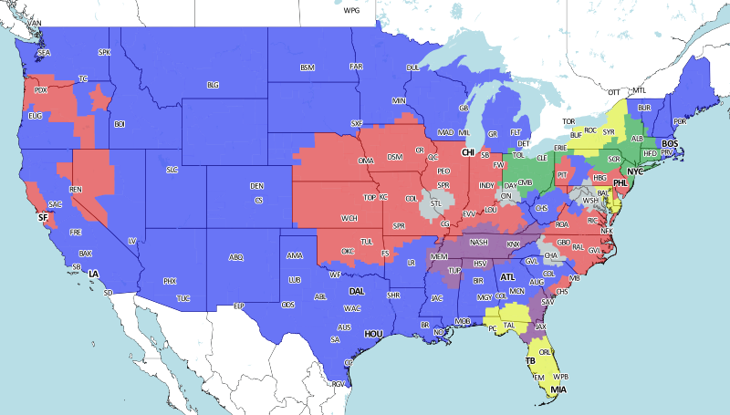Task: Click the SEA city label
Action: point(44,54)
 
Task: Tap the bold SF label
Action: point(42,218)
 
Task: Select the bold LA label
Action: point(93,274)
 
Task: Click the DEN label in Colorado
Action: point(257,186)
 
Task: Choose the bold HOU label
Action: point(372,335)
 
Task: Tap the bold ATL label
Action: point(507,276)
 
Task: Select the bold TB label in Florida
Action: point(530,361)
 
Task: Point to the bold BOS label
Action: point(670,143)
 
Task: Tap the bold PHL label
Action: point(620,183)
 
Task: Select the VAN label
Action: point(35,23)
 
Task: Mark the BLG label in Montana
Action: point(213,85)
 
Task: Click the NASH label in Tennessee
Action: point(479,242)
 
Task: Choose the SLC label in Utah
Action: point(172,170)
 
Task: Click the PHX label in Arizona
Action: point(169,281)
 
